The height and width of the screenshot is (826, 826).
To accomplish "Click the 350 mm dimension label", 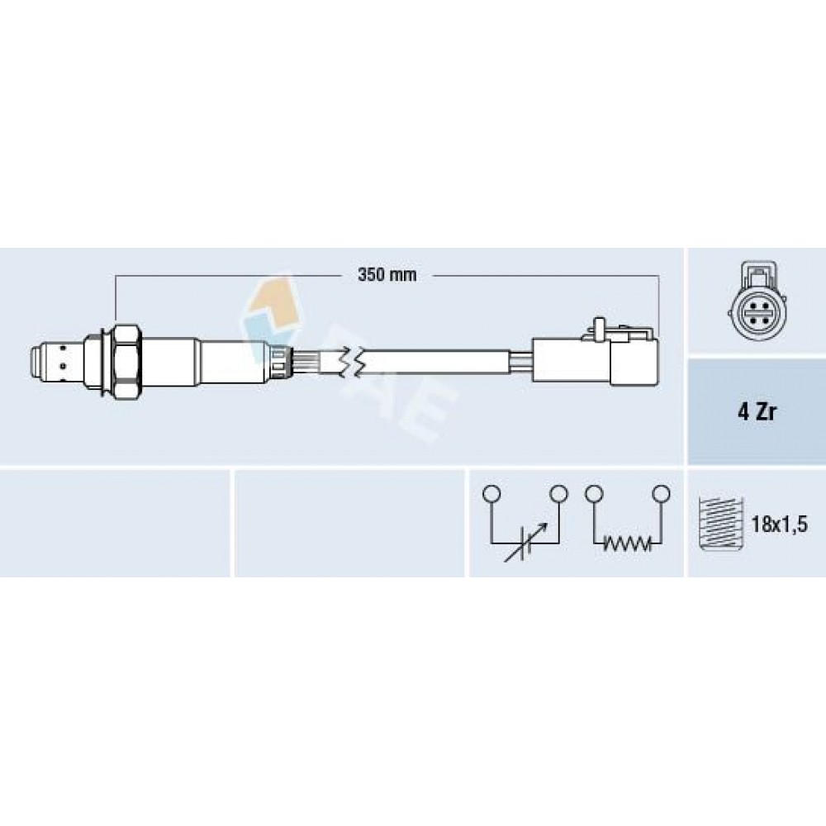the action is (x=387, y=274).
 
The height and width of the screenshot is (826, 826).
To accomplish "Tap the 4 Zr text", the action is (x=757, y=412).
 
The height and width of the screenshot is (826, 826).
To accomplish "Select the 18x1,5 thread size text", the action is (x=779, y=525).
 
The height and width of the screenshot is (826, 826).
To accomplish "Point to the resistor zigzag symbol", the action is (x=626, y=543).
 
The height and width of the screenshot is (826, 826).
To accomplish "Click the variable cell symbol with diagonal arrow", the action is (x=525, y=543).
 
